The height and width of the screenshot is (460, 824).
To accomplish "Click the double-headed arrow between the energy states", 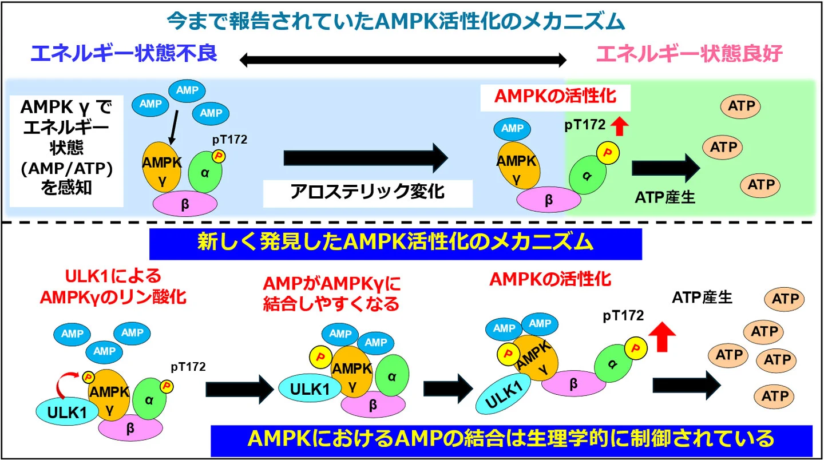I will pos(403,59).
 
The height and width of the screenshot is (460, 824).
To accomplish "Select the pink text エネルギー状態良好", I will pos(689,54).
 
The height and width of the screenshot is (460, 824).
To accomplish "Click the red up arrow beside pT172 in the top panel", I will pos(619,125).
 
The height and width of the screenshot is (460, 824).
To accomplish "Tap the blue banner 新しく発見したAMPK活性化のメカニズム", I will pos(395,244).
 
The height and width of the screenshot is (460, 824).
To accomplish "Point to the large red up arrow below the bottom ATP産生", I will pos(663,335).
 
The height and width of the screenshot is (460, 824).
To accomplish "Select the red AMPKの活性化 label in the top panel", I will pos(555,96).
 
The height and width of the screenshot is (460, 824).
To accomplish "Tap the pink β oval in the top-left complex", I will pos(185,204).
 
